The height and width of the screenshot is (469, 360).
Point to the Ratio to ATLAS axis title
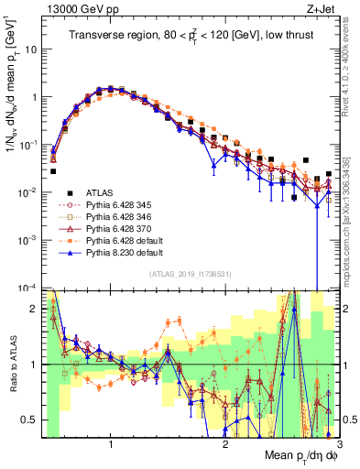pos(12,364)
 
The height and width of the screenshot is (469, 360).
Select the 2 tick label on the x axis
pos(225,441)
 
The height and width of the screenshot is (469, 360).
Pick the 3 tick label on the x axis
pos(338,441)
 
